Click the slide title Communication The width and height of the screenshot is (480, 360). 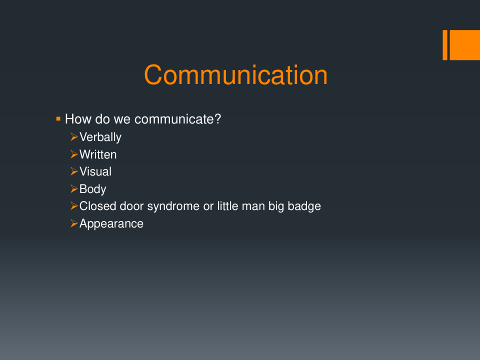coord(235,75)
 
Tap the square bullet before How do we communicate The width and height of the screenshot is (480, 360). coord(58,119)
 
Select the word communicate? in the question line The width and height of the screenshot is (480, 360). coord(177,119)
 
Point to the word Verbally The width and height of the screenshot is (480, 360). coord(100,137)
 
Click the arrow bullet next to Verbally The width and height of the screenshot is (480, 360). coord(74,137)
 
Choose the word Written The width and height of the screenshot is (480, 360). coord(98,154)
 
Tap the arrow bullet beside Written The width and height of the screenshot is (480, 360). coord(74,154)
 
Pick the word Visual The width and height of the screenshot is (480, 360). coord(95,171)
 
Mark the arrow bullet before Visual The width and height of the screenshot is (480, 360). coord(74,171)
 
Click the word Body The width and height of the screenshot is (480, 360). coord(93,189)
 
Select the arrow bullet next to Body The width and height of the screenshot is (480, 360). coord(74,189)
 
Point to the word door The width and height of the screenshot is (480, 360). coord(131,206)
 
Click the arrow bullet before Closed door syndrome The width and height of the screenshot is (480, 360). coord(74,206)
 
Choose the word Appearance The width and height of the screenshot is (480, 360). coord(111,224)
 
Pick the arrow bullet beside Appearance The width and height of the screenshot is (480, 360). coord(74,223)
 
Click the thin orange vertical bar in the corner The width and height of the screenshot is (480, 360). coord(445,45)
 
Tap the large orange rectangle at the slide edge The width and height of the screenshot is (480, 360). coord(464,45)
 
